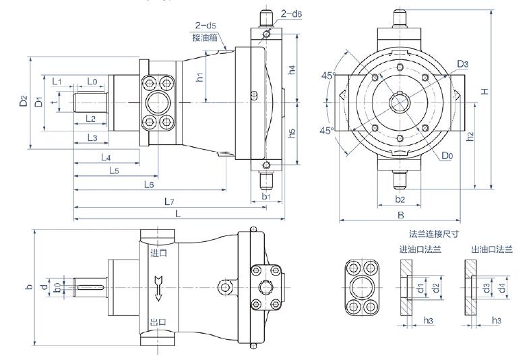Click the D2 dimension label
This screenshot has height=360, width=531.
point(24,102)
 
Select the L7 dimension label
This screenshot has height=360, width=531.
point(169,201)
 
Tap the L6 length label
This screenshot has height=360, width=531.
point(149,184)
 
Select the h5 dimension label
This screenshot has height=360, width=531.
point(292,133)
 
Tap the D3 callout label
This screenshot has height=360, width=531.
point(462,64)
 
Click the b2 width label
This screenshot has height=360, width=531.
point(400,200)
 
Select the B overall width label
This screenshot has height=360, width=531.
point(400,216)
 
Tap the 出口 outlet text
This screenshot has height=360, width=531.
point(159,322)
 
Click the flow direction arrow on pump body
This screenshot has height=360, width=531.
point(159,286)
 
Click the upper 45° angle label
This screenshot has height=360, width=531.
point(328,76)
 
